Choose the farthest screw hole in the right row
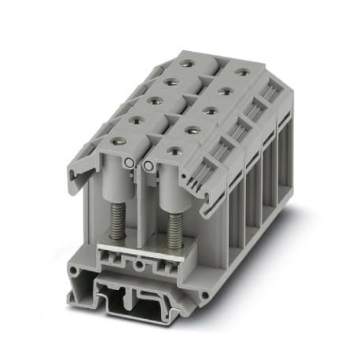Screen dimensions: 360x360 point(243,72)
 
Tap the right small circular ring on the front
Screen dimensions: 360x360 point(147,166)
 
